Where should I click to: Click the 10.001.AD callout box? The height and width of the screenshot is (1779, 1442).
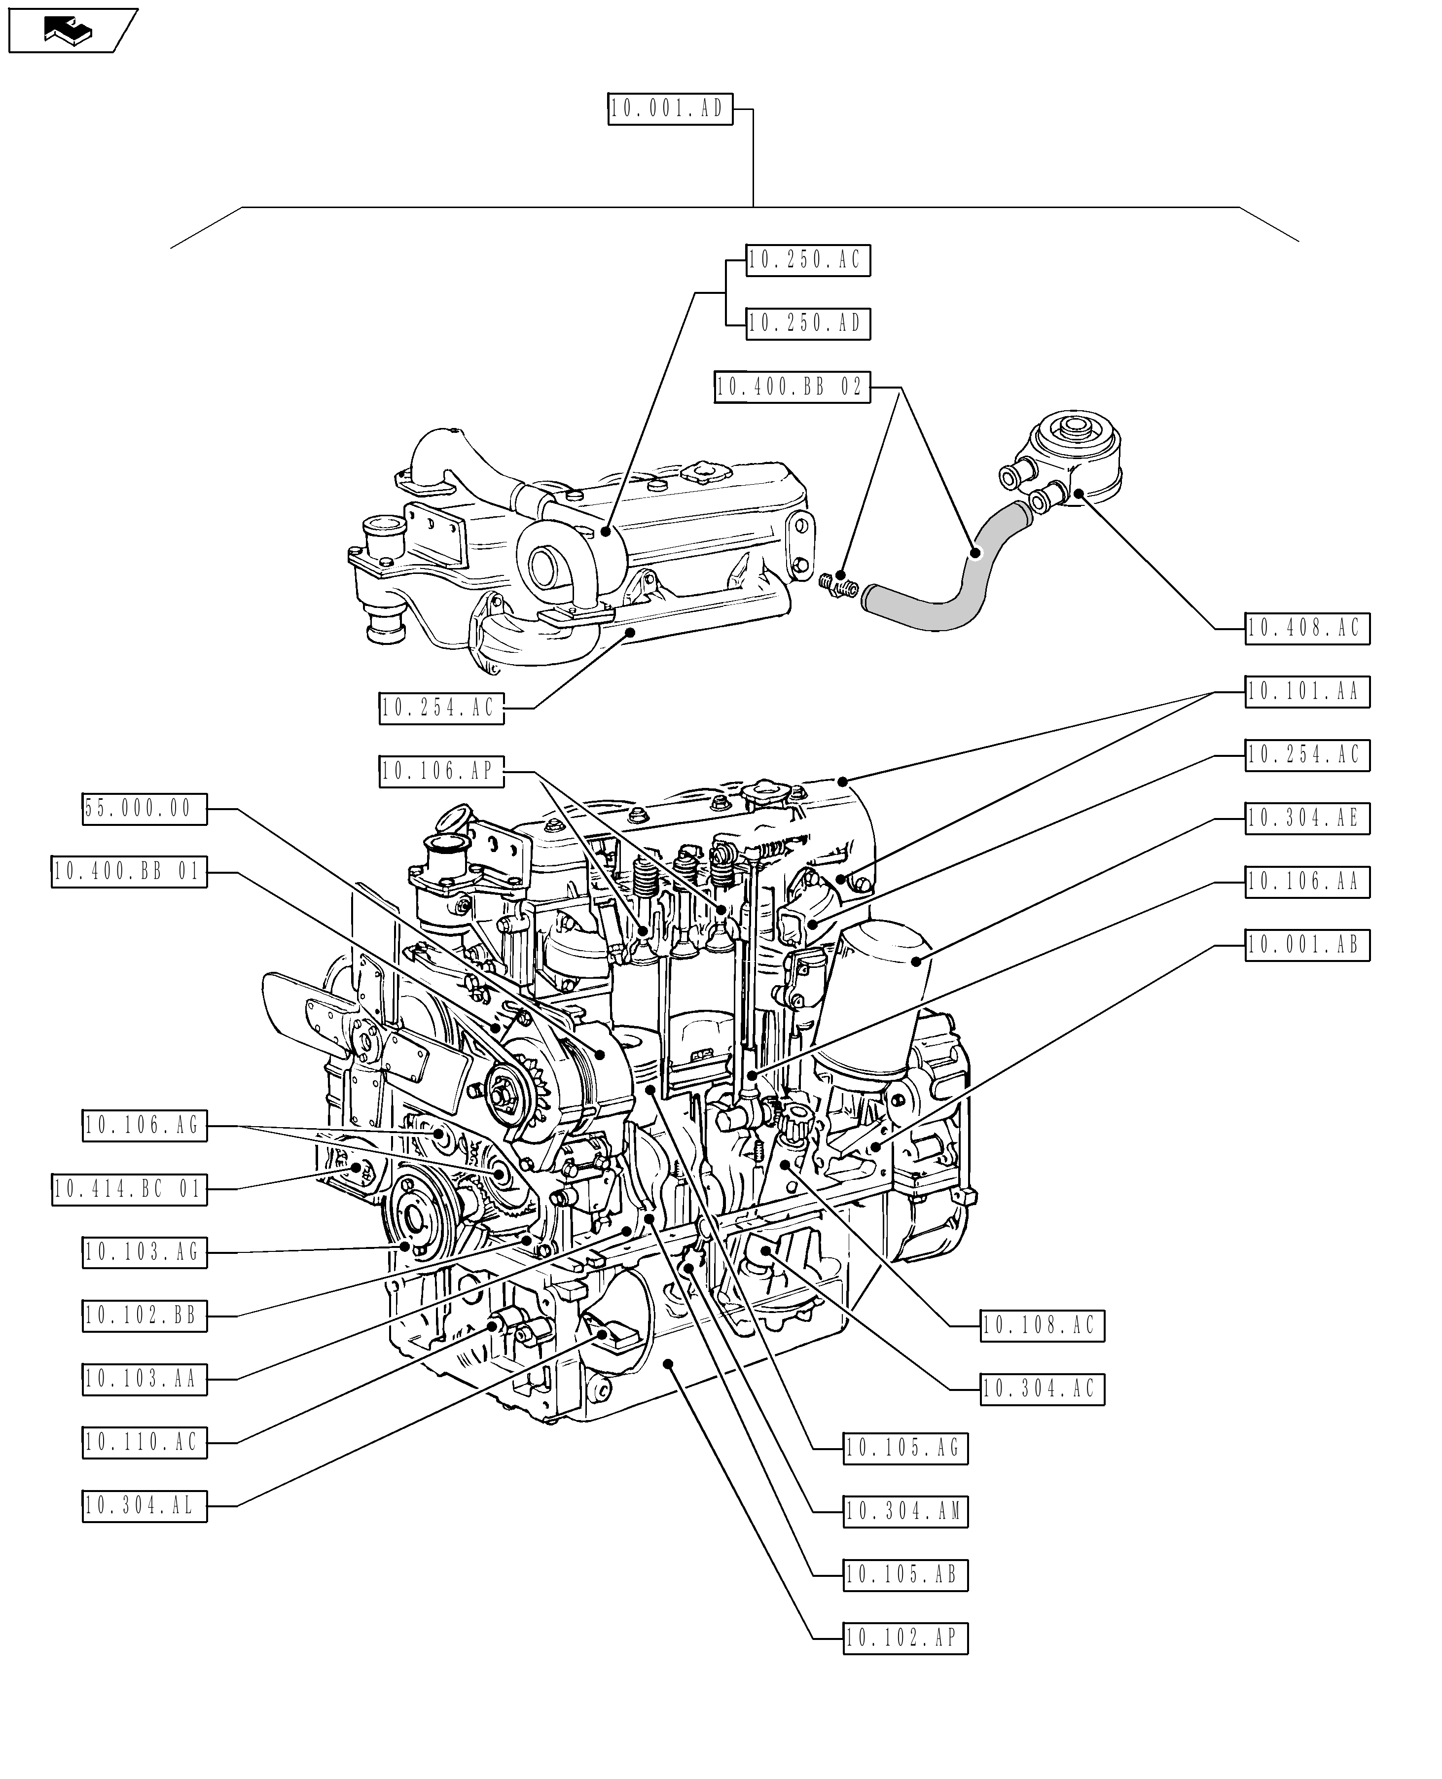click(x=670, y=109)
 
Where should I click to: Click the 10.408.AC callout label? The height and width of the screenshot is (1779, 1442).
click(x=1306, y=629)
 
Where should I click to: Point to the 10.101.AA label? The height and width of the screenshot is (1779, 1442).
click(x=1306, y=692)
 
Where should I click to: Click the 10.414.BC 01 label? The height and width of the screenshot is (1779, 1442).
click(x=129, y=1189)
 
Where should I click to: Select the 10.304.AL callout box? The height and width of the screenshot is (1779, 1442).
click(x=144, y=1506)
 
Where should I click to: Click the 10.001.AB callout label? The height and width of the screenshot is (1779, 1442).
click(x=1306, y=945)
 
